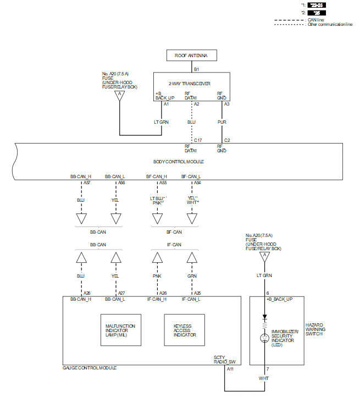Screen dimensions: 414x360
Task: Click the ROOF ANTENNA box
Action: [191, 56]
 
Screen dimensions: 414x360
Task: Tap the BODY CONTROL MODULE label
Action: [179, 162]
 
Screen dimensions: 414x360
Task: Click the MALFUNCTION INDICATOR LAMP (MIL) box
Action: [120, 330]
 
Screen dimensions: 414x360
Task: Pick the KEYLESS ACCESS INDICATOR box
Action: [185, 330]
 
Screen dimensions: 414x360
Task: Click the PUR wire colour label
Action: [222, 122]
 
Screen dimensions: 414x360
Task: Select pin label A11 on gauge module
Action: [230, 369]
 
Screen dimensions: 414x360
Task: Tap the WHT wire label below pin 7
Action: [264, 378]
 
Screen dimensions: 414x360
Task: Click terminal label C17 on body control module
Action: [198, 140]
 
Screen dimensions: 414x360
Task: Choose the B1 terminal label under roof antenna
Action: [196, 69]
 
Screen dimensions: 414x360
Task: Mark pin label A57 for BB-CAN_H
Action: [87, 182]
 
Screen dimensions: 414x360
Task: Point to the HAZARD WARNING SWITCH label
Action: [315, 330]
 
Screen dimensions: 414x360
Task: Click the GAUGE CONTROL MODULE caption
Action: [90, 367]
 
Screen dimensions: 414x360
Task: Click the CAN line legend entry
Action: [316, 20]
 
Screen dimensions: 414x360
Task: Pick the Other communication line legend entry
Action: [329, 24]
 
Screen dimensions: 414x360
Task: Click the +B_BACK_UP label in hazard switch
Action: [279, 299]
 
